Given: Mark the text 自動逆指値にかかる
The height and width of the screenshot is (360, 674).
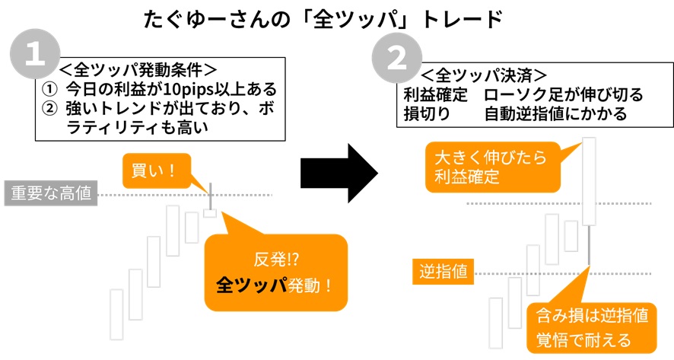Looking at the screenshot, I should (555, 114).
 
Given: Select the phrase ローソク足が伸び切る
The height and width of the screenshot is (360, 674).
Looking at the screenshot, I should (564, 95).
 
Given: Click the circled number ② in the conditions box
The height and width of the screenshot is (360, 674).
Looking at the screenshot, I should (49, 108).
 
